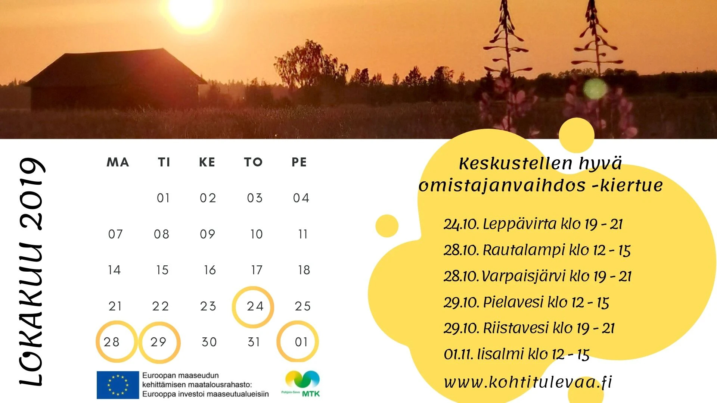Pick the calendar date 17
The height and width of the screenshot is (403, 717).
pos(257,270)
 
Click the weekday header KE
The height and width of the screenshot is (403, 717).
pos(207,162)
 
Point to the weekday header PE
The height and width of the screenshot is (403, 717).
pos(299,162)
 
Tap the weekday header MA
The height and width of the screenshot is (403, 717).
pos(118,162)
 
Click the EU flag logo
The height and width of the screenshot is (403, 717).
pos(118,385)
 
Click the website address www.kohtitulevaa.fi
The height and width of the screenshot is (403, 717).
pos(528,382)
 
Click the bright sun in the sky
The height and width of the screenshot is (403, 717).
pos(191,11)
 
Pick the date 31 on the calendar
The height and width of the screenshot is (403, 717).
pos(254,342)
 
